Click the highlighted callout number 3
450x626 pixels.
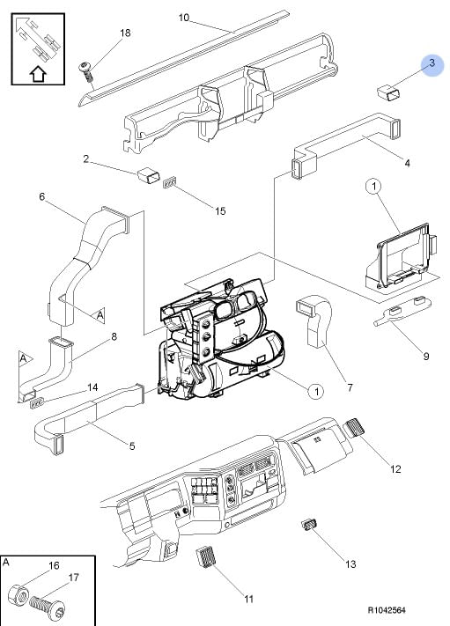tap(432, 63)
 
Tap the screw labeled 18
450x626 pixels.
tap(85, 71)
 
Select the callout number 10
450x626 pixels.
tap(184, 18)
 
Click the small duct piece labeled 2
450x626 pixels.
tap(149, 175)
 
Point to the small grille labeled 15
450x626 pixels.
tap(170, 183)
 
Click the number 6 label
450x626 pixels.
tap(42, 196)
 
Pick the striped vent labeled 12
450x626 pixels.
tap(354, 428)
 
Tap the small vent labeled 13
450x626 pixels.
tap(308, 525)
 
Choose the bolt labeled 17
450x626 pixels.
tap(48, 608)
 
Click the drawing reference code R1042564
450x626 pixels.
tap(386, 610)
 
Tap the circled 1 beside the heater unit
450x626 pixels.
tap(316, 391)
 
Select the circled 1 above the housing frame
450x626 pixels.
tap(373, 186)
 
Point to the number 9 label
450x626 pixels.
tap(425, 356)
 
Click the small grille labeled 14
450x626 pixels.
tap(36, 404)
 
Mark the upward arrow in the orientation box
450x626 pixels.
tap(38, 74)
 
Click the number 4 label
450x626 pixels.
tap(407, 163)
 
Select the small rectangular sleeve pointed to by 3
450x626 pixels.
tap(389, 93)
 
